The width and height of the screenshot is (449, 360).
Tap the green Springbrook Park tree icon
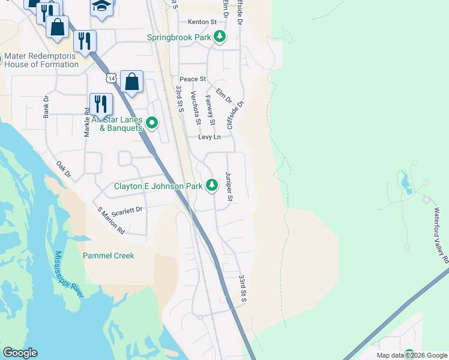pos(220,37)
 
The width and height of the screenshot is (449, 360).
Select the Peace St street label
pos(193,79)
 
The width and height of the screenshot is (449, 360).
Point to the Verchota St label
pos(194,107)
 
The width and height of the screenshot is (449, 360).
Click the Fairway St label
pos(210,110)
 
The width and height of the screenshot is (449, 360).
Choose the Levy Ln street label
pos(209,137)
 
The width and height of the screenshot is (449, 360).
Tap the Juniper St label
pos(229,186)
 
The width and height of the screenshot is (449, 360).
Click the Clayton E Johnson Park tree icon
pos(211,186)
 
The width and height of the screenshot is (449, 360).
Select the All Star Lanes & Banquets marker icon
pos(152,123)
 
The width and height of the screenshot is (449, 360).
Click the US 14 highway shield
pos(110,78)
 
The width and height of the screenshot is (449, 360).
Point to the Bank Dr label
pos(46,107)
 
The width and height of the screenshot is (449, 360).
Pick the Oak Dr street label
pos(64,170)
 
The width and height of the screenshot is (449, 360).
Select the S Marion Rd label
pos(111,220)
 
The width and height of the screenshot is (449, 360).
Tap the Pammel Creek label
pos(108,256)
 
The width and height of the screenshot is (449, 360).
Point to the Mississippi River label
pos(71,274)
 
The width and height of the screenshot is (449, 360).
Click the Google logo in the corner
pos(20,353)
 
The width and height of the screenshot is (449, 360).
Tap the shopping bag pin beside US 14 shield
pos(131,82)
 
